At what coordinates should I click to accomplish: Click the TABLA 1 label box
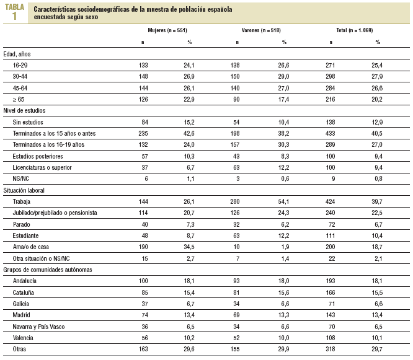tap(15, 12)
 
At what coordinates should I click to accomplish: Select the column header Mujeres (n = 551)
tap(167, 30)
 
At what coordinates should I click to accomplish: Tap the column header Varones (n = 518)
tap(260, 30)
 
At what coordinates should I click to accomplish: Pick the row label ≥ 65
tap(20, 99)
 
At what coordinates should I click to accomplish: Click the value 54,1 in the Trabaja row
tap(283, 202)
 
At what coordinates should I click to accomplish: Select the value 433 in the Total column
tap(329, 133)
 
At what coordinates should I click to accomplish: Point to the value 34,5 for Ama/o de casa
tap(190, 247)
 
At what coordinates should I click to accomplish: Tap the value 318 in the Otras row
tap(329, 350)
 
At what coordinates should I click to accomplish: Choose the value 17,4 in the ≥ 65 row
tap(283, 99)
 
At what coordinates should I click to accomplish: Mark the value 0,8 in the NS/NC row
tap(378, 179)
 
